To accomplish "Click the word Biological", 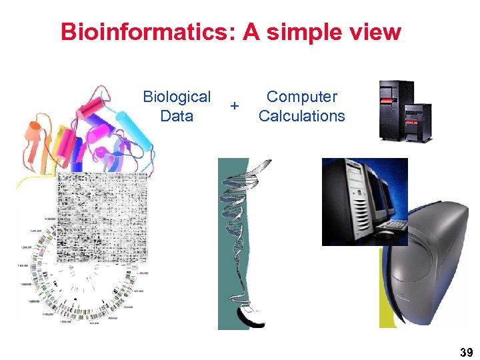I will (177, 97).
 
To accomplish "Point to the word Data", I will (177, 116).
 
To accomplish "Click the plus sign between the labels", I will (234, 106).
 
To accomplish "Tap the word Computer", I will (302, 97).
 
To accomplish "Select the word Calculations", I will (302, 116).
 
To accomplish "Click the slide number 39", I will (467, 353).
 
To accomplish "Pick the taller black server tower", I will (395, 109).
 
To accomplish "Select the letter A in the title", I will (251, 32).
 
